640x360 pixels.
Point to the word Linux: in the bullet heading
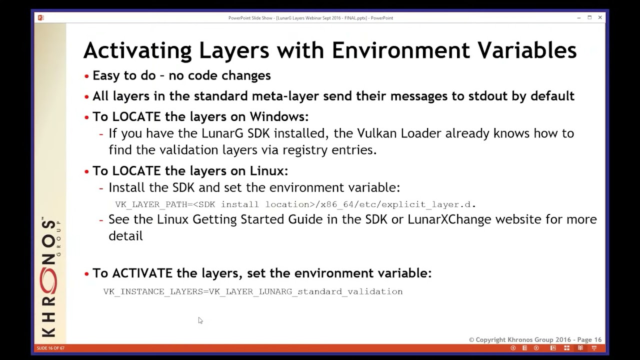(268, 170)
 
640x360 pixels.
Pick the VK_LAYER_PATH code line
(295, 204)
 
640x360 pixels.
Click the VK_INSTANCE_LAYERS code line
(252, 291)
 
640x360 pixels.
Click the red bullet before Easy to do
(87, 76)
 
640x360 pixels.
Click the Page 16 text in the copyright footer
(589, 340)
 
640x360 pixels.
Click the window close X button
(600, 18)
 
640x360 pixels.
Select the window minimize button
(578, 18)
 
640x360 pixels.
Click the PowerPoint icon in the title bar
(40, 18)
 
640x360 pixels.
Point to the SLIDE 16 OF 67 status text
(50, 348)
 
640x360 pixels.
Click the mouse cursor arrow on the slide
(200, 320)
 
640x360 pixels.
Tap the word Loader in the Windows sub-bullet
(421, 133)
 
